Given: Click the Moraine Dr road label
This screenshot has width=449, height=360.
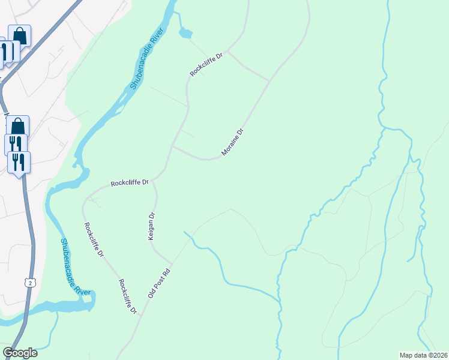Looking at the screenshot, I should click(232, 142).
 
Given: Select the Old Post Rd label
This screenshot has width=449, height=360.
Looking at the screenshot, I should click(159, 283).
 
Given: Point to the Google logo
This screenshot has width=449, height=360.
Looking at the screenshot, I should click(20, 353).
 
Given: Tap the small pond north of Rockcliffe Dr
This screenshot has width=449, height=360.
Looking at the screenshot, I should click(185, 34).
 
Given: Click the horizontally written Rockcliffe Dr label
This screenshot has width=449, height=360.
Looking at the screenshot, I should click(129, 182).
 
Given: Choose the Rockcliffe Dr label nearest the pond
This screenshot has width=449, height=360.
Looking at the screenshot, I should click(206, 64).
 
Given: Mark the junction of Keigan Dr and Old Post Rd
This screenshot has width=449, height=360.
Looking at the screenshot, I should click(172, 262).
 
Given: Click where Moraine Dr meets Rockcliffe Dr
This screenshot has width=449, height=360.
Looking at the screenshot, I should click(173, 146).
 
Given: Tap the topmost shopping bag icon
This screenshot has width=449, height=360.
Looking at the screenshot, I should click(19, 35).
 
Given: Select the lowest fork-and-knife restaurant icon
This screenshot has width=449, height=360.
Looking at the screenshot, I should click(19, 162).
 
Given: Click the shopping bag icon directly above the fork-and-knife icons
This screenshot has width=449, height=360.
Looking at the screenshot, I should click(18, 126).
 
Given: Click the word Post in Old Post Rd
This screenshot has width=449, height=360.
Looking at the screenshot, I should click(160, 282).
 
